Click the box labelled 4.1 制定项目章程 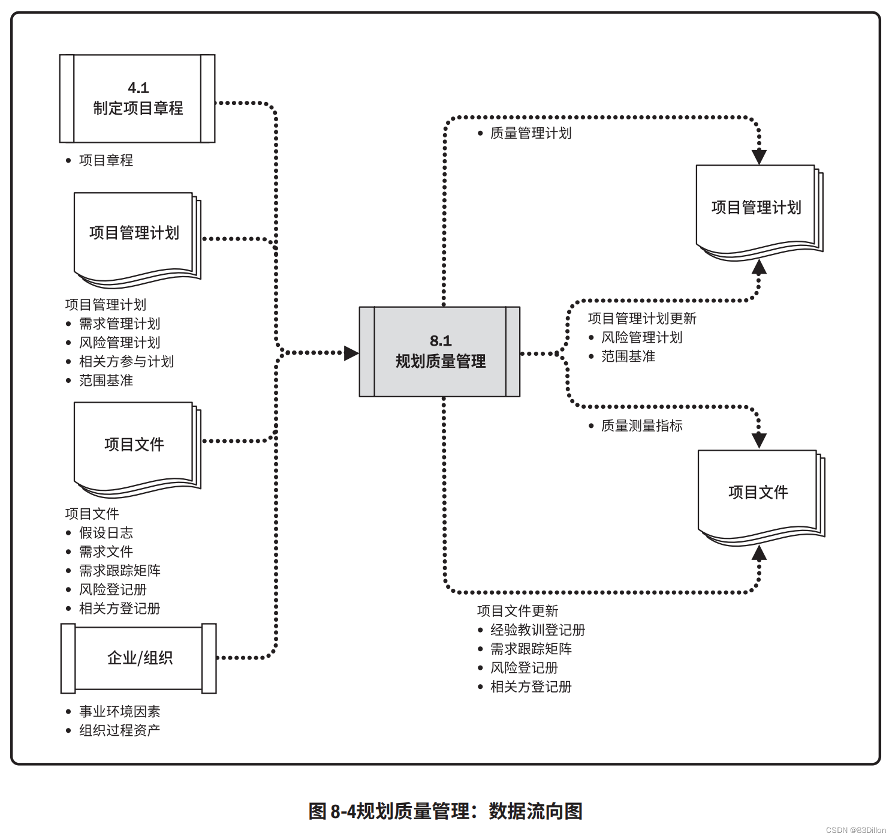(137, 98)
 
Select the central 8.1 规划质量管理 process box (439, 352)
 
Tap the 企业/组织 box (138, 658)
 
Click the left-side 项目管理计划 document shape (135, 234)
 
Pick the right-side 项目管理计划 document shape (757, 208)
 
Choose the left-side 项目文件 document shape (135, 445)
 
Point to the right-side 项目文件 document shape (758, 493)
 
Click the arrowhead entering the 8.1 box (351, 353)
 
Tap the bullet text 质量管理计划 (531, 133)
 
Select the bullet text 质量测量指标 (641, 426)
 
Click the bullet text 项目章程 (106, 160)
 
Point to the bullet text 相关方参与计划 (126, 361)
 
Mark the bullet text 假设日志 (106, 532)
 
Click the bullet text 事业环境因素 (120, 711)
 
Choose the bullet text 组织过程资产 (120, 730)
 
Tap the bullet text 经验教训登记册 (538, 630)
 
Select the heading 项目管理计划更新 (642, 318)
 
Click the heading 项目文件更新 (517, 611)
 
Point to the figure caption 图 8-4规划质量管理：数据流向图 (445, 811)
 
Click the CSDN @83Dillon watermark (855, 830)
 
